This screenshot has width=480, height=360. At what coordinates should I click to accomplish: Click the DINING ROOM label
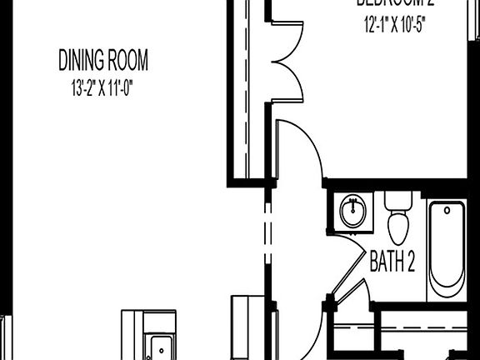tap(103, 60)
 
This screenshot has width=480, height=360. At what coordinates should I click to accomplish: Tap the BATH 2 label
tap(392, 263)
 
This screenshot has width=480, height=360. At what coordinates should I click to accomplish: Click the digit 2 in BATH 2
tap(410, 263)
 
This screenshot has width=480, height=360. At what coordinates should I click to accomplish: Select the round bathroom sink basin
tap(355, 209)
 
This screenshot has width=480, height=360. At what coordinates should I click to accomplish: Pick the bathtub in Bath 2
tap(447, 254)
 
